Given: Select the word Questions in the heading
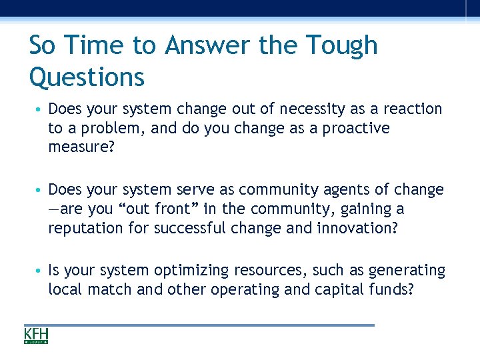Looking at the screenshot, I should pyautogui.click(x=87, y=77).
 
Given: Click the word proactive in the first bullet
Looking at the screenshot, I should pyautogui.click(x=356, y=127).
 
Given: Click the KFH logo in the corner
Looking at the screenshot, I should pyautogui.click(x=37, y=335).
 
